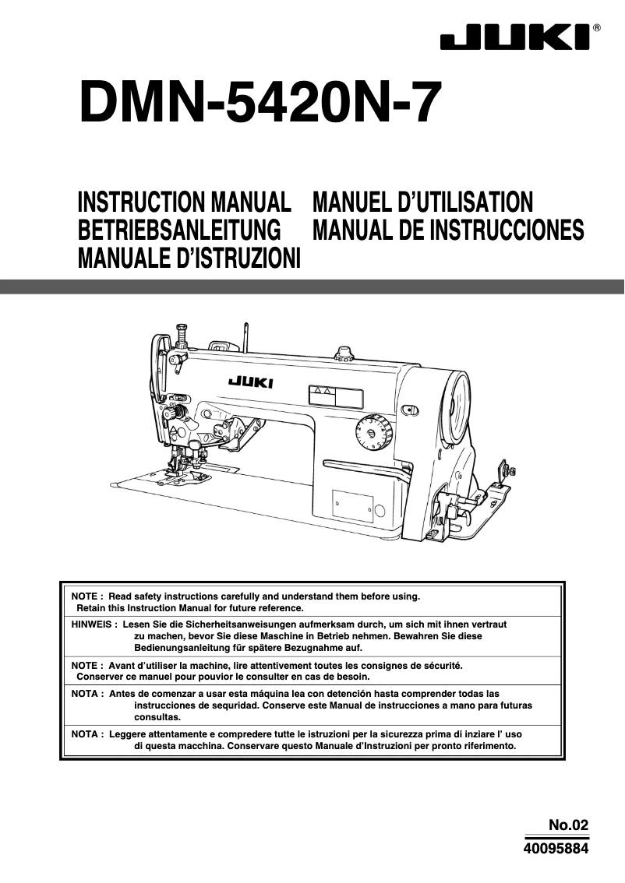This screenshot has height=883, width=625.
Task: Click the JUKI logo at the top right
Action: (x=515, y=38)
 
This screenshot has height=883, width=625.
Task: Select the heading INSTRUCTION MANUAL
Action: (x=184, y=203)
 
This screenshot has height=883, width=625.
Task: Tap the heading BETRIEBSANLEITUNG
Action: (x=179, y=230)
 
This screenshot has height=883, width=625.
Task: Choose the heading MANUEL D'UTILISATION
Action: (x=422, y=203)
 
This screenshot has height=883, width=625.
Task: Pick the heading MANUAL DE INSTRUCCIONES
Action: (x=447, y=230)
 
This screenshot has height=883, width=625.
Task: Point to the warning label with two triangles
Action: (x=336, y=396)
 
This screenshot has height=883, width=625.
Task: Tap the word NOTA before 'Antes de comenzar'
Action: (x=84, y=693)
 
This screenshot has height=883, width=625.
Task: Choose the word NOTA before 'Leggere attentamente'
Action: (x=84, y=734)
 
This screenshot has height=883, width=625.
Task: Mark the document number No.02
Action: (x=567, y=825)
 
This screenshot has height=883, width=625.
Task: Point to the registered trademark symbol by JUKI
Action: (x=597, y=28)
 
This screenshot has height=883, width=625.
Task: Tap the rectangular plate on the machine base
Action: (x=351, y=505)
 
